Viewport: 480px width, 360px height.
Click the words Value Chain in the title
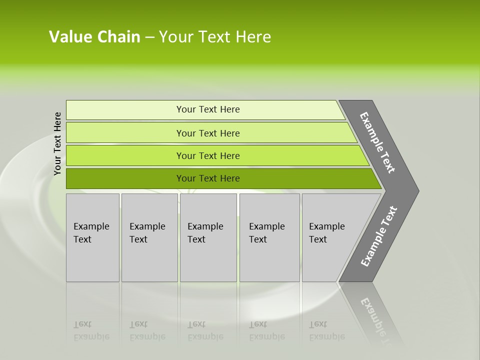[94, 37]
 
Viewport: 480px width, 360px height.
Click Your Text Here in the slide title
[215, 37]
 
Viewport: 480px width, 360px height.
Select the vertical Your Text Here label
[57, 143]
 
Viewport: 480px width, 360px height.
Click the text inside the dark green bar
[208, 178]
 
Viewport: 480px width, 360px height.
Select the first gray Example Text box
[92, 237]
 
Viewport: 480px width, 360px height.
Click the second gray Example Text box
[149, 237]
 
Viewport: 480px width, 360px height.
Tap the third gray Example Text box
[208, 237]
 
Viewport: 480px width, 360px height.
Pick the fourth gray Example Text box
[269, 237]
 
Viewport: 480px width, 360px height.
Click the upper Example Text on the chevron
[377, 142]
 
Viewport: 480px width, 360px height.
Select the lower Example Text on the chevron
[379, 236]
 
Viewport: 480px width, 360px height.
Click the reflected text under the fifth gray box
[326, 330]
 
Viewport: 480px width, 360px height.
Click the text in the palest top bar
[208, 109]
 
